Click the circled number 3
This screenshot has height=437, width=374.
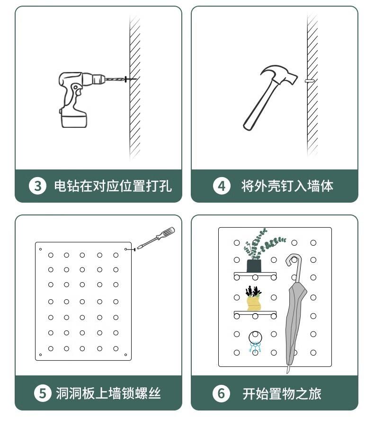(37, 186)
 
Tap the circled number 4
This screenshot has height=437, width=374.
(222, 186)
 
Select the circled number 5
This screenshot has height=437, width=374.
(43, 393)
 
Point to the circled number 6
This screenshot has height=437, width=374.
(221, 393)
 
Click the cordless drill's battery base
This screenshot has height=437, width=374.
(74, 118)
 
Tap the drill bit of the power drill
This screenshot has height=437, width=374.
(115, 79)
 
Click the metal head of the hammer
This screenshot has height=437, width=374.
(280, 74)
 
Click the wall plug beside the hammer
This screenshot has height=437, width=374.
(310, 81)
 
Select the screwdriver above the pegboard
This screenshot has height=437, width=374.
(156, 238)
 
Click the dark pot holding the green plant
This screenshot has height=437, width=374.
(254, 266)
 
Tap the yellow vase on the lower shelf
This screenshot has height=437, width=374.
(254, 303)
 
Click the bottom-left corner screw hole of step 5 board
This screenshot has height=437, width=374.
(40, 355)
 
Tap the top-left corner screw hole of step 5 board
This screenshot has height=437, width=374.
(40, 249)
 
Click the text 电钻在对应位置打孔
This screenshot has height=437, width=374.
(113, 186)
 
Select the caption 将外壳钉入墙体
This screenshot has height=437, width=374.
(287, 186)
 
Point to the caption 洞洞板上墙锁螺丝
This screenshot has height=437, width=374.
(108, 393)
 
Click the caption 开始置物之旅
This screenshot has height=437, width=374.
(282, 393)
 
